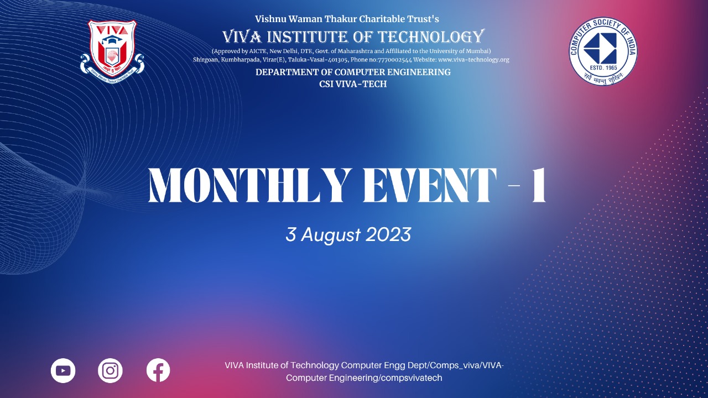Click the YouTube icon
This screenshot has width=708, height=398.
pos(63,370)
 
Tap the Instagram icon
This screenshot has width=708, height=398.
pos(110,370)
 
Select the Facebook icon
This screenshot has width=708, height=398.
pos(158,370)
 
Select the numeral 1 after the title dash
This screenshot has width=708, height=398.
pos(539,185)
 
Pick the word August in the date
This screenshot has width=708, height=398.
pos(330,235)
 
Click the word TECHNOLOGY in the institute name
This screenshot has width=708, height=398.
pos(431,36)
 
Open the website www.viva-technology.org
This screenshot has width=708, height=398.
pos(473,60)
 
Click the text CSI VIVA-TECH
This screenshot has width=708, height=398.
pos(353,84)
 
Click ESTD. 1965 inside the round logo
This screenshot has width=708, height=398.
pos(603,67)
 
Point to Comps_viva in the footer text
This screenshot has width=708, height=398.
pos(455,365)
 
